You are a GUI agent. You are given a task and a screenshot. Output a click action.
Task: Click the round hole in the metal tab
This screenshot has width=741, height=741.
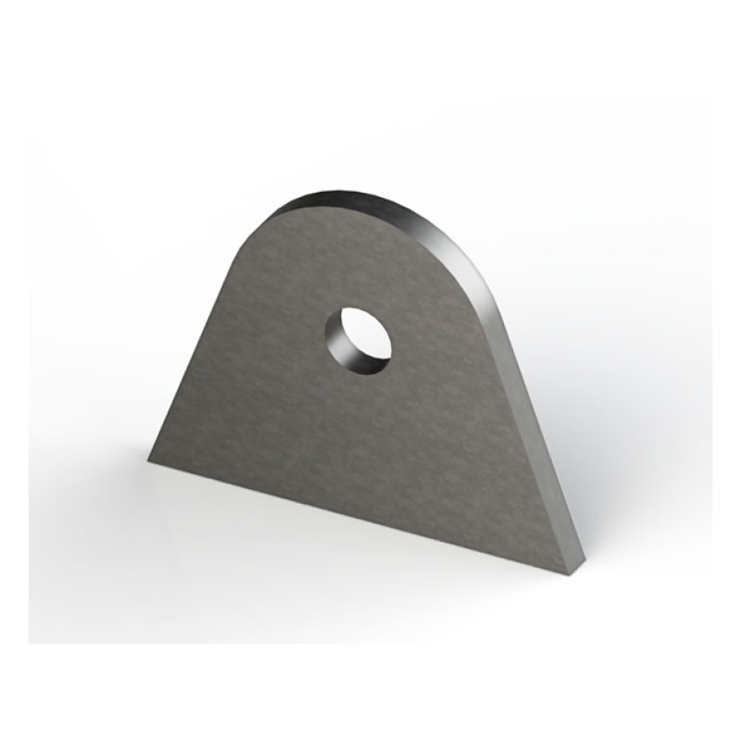(x=358, y=340)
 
